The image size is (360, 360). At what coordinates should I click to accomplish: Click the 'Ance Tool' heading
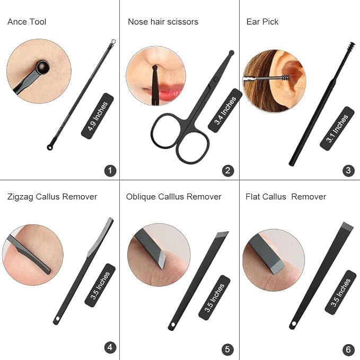(27, 22)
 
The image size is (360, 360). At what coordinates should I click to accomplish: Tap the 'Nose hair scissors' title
(163, 22)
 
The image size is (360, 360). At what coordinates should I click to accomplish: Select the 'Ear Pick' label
(262, 22)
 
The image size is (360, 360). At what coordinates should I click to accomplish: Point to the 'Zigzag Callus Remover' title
(52, 197)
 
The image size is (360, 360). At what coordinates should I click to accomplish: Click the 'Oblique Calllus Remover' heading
(174, 197)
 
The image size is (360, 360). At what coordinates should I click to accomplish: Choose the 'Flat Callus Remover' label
(286, 197)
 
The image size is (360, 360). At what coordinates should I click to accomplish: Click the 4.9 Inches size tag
(98, 116)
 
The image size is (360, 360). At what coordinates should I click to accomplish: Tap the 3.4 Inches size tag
(225, 110)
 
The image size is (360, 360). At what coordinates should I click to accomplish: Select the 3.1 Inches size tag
(337, 128)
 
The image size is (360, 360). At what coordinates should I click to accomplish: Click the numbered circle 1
(110, 171)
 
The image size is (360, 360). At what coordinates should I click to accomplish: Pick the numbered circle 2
(228, 171)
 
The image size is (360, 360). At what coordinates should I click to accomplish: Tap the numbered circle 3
(348, 171)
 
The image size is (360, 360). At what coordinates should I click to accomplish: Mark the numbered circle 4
(110, 347)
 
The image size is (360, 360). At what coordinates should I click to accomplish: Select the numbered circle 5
(227, 349)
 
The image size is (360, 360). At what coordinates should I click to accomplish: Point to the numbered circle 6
(348, 349)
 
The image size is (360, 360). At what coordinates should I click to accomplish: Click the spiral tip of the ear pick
(351, 46)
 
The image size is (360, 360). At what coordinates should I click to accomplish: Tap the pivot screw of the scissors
(216, 80)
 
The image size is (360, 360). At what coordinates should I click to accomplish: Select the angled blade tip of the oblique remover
(222, 235)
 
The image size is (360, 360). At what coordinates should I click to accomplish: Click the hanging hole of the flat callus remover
(294, 324)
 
